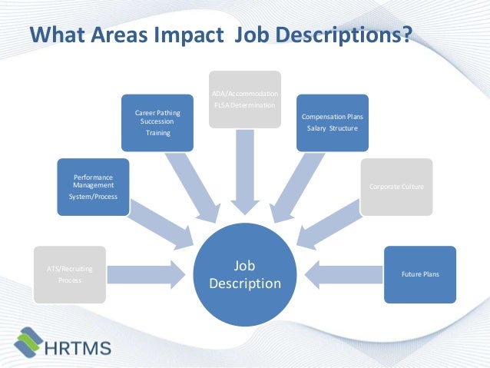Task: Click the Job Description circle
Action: coord(245,274)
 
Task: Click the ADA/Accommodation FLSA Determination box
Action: coord(245,99)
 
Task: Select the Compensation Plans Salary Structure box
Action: coord(332,122)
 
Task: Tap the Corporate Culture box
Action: coord(396,187)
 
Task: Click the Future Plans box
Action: coord(420,274)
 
